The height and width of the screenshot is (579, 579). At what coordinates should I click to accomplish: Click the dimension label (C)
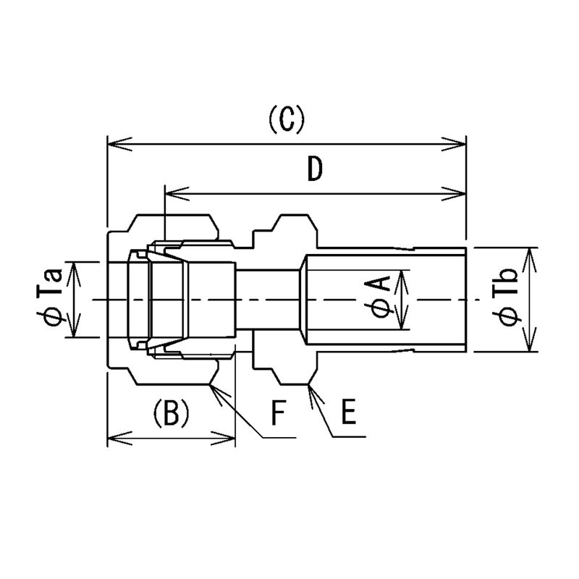click(x=287, y=119)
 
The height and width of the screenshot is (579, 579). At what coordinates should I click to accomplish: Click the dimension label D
click(x=315, y=169)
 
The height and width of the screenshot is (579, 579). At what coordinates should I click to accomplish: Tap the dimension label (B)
click(x=171, y=413)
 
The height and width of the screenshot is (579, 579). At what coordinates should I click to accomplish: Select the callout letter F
click(x=279, y=411)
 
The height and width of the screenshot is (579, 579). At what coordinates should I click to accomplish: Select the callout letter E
click(x=349, y=411)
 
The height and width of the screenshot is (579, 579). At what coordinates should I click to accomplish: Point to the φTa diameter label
click(x=49, y=298)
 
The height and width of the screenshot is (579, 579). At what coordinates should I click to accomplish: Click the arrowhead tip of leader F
click(x=209, y=385)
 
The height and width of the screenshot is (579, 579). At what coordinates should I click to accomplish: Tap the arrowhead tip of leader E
click(x=309, y=385)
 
